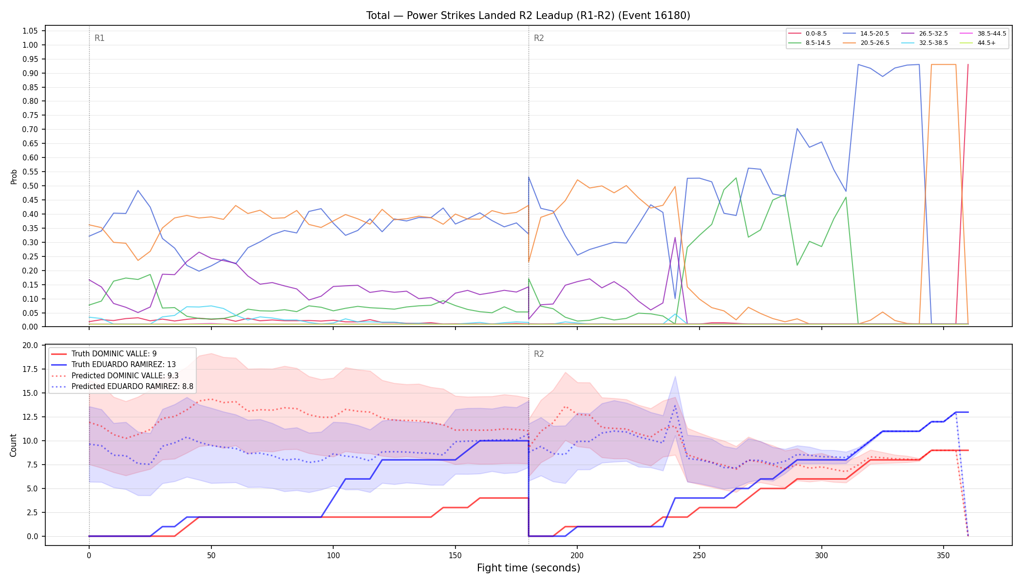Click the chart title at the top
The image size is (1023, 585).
tap(528, 16)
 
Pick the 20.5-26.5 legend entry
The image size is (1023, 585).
tap(867, 43)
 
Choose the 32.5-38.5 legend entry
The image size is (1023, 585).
tap(925, 43)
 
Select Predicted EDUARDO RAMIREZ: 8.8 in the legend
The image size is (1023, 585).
tap(122, 387)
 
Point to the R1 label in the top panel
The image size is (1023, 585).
tap(99, 38)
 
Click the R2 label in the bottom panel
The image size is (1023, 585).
tap(539, 354)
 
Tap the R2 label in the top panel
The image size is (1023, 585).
tap(539, 38)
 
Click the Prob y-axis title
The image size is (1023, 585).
tap(14, 176)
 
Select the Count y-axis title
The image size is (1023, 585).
tap(13, 445)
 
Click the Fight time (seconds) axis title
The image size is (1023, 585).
tap(529, 568)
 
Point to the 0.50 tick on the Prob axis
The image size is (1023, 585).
tap(30, 186)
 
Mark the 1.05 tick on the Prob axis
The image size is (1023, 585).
tap(30, 31)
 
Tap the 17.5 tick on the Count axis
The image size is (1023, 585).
tap(30, 369)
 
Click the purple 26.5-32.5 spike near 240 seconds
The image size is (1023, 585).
tap(675, 238)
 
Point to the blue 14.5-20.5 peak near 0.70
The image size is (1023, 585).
tap(797, 129)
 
